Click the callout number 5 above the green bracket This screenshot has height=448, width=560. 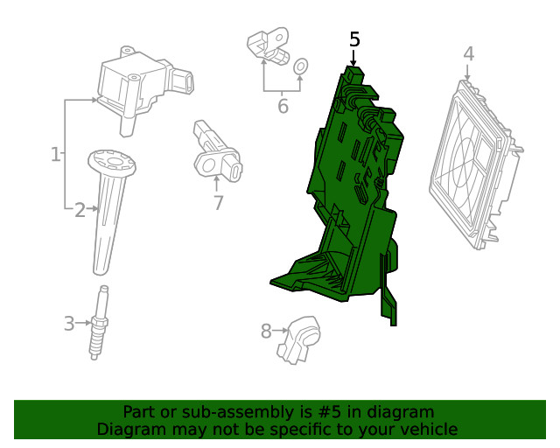click(354, 39)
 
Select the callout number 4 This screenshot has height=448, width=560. click(468, 53)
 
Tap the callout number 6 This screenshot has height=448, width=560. click(283, 107)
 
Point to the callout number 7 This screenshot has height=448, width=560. click(218, 203)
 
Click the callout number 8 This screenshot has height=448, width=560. click(266, 331)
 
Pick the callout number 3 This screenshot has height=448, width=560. click(69, 324)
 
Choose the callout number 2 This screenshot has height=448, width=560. click(80, 210)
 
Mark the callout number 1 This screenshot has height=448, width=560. click(55, 155)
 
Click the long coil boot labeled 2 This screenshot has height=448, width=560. click(107, 210)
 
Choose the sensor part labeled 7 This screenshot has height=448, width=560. click(215, 152)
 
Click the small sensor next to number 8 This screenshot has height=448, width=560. click(298, 337)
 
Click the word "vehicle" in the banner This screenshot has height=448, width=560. click(427, 430)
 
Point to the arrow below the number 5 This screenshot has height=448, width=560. click(353, 58)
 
